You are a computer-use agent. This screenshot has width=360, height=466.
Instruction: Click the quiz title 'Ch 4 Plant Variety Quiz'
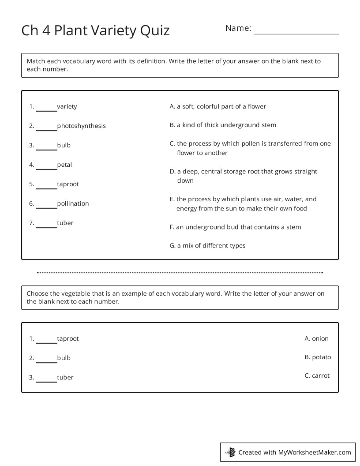(95, 30)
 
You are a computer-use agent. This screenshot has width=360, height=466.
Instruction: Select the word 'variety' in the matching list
(67, 106)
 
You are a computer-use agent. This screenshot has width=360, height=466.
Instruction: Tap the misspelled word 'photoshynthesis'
(81, 126)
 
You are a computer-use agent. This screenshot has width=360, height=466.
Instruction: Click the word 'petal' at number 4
(64, 165)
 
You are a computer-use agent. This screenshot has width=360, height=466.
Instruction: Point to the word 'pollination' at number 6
(73, 203)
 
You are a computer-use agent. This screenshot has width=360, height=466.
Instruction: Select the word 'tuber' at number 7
(65, 223)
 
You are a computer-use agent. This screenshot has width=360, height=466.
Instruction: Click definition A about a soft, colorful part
(218, 106)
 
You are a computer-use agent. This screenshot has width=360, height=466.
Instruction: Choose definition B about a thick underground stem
(223, 125)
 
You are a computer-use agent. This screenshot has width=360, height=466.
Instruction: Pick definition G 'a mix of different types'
(207, 245)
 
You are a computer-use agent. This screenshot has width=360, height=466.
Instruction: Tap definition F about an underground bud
(235, 227)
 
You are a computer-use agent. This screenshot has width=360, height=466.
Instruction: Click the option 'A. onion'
(316, 338)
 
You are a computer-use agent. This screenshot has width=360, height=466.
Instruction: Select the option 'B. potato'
(317, 357)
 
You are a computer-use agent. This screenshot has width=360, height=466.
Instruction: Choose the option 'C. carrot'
(317, 376)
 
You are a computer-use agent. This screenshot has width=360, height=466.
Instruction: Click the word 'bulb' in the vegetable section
(64, 358)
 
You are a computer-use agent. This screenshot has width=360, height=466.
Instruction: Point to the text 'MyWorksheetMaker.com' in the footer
(314, 452)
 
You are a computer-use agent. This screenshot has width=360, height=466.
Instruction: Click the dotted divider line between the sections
(180, 273)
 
